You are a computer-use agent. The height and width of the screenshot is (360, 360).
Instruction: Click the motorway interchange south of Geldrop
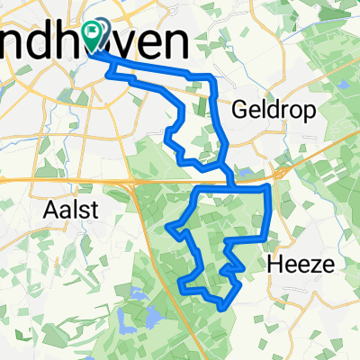(282, 170)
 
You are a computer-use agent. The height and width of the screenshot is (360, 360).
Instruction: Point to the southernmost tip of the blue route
(221, 309)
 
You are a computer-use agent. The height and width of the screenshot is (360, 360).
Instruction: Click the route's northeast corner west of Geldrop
(212, 76)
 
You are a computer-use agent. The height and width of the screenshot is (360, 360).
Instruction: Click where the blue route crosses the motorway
(232, 179)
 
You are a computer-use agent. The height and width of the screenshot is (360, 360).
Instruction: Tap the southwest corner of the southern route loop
(183, 291)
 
